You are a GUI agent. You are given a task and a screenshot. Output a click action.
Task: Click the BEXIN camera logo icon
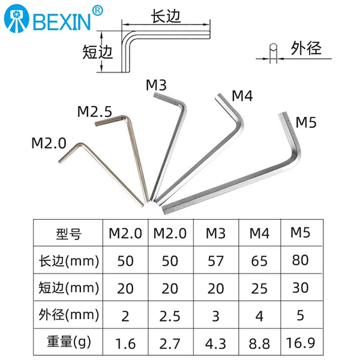[x=17, y=19]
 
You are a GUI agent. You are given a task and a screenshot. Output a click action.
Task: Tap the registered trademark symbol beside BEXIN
[x=98, y=11]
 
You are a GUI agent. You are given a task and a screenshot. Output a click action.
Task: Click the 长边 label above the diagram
[x=166, y=16]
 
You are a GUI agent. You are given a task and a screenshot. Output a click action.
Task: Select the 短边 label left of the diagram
[x=98, y=52]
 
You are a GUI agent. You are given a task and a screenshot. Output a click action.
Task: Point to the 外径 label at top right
[x=306, y=49]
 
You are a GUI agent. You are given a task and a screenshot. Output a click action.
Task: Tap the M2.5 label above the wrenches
[x=95, y=112]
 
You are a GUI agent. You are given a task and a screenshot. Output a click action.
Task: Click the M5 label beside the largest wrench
[x=306, y=122]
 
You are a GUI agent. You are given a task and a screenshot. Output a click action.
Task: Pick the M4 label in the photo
[x=242, y=96]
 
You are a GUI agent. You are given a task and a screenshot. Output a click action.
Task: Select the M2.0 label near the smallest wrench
[x=49, y=143]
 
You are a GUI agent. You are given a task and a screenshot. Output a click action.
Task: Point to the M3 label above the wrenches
[x=156, y=85]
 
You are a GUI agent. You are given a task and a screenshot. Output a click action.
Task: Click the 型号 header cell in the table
[x=68, y=234]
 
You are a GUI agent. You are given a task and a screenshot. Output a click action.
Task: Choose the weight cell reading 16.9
[x=301, y=343]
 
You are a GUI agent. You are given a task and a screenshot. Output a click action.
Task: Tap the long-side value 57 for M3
[x=215, y=261]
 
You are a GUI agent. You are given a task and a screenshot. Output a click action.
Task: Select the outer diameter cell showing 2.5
[x=170, y=316]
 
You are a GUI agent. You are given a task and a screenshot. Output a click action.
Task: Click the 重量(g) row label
[x=68, y=342]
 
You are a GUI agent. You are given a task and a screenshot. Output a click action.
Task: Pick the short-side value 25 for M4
[x=259, y=289]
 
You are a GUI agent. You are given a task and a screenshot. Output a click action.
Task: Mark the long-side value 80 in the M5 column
[x=301, y=260]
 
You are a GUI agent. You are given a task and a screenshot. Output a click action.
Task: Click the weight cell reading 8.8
[x=259, y=344]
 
